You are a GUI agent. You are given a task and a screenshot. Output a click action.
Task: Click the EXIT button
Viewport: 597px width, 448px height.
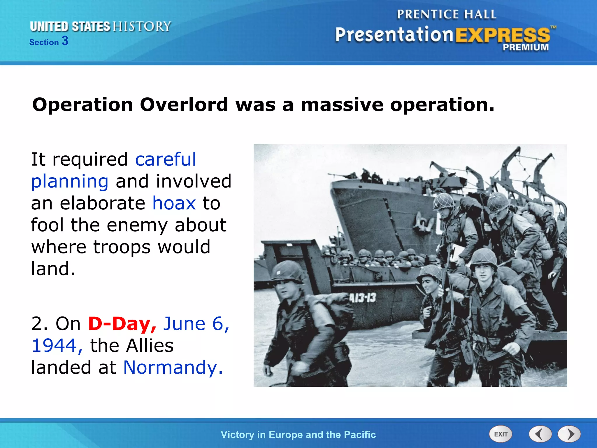(x=501, y=434)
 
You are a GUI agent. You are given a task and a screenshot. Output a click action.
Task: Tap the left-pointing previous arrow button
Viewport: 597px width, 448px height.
(x=540, y=434)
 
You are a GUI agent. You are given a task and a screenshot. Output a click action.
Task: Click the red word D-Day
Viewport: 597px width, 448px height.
(x=122, y=323)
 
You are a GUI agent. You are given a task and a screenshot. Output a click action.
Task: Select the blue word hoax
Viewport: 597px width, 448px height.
(x=174, y=203)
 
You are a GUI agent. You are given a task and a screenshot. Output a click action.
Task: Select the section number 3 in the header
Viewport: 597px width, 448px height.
(x=65, y=41)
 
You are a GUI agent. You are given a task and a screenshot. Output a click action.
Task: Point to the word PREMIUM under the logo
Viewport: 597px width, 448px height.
(x=525, y=47)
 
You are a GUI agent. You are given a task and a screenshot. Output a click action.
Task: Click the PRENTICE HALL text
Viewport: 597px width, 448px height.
(x=446, y=14)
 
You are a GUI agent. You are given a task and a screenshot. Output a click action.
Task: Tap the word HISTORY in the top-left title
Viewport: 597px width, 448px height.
(x=142, y=26)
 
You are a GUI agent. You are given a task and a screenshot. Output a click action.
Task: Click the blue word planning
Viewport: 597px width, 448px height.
(x=70, y=181)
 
